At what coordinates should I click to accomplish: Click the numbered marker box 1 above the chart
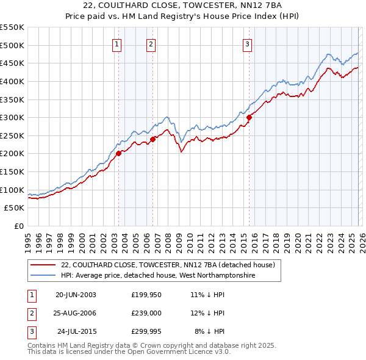[x=117, y=43]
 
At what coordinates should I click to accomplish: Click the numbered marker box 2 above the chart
[x=151, y=43]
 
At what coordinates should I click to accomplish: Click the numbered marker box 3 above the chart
[x=247, y=43]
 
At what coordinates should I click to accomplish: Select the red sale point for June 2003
[x=119, y=154]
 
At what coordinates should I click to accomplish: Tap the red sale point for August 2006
[x=153, y=139]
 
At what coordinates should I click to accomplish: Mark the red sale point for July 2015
[x=249, y=117]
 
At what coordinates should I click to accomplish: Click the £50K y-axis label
[x=15, y=208]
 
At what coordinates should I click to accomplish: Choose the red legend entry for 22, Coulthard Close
[x=168, y=265]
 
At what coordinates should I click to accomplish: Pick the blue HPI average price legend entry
[x=157, y=276]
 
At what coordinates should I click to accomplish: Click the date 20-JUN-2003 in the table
[x=76, y=295]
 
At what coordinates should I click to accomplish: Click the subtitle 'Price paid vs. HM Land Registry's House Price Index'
[x=182, y=16]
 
